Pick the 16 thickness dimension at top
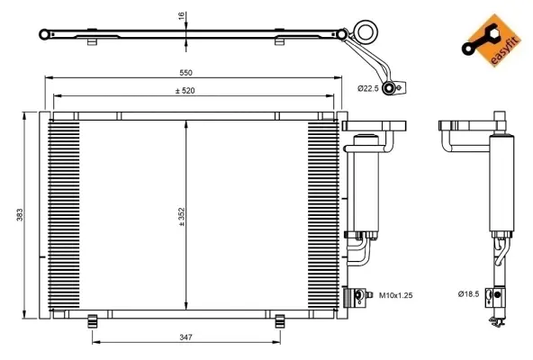(x=181, y=15)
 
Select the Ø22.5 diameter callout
(x=369, y=87)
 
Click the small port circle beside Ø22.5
(x=390, y=87)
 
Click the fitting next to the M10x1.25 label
(x=363, y=293)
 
